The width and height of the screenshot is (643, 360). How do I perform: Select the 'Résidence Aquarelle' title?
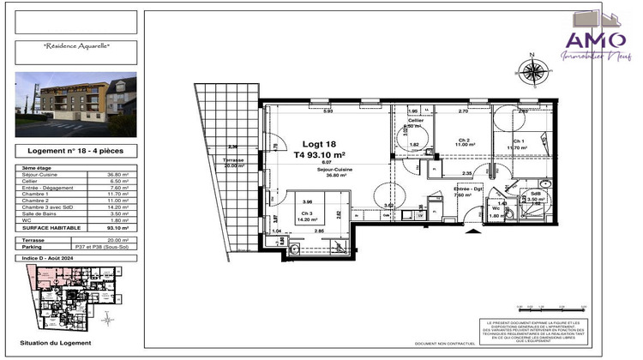point(76,45)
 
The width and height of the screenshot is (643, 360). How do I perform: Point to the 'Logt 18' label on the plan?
point(318,144)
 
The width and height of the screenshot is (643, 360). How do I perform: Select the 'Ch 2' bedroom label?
point(464,140)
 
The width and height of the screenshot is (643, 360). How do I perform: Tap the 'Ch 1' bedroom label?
point(518,141)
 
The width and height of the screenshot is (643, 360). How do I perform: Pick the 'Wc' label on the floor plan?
point(496,207)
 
